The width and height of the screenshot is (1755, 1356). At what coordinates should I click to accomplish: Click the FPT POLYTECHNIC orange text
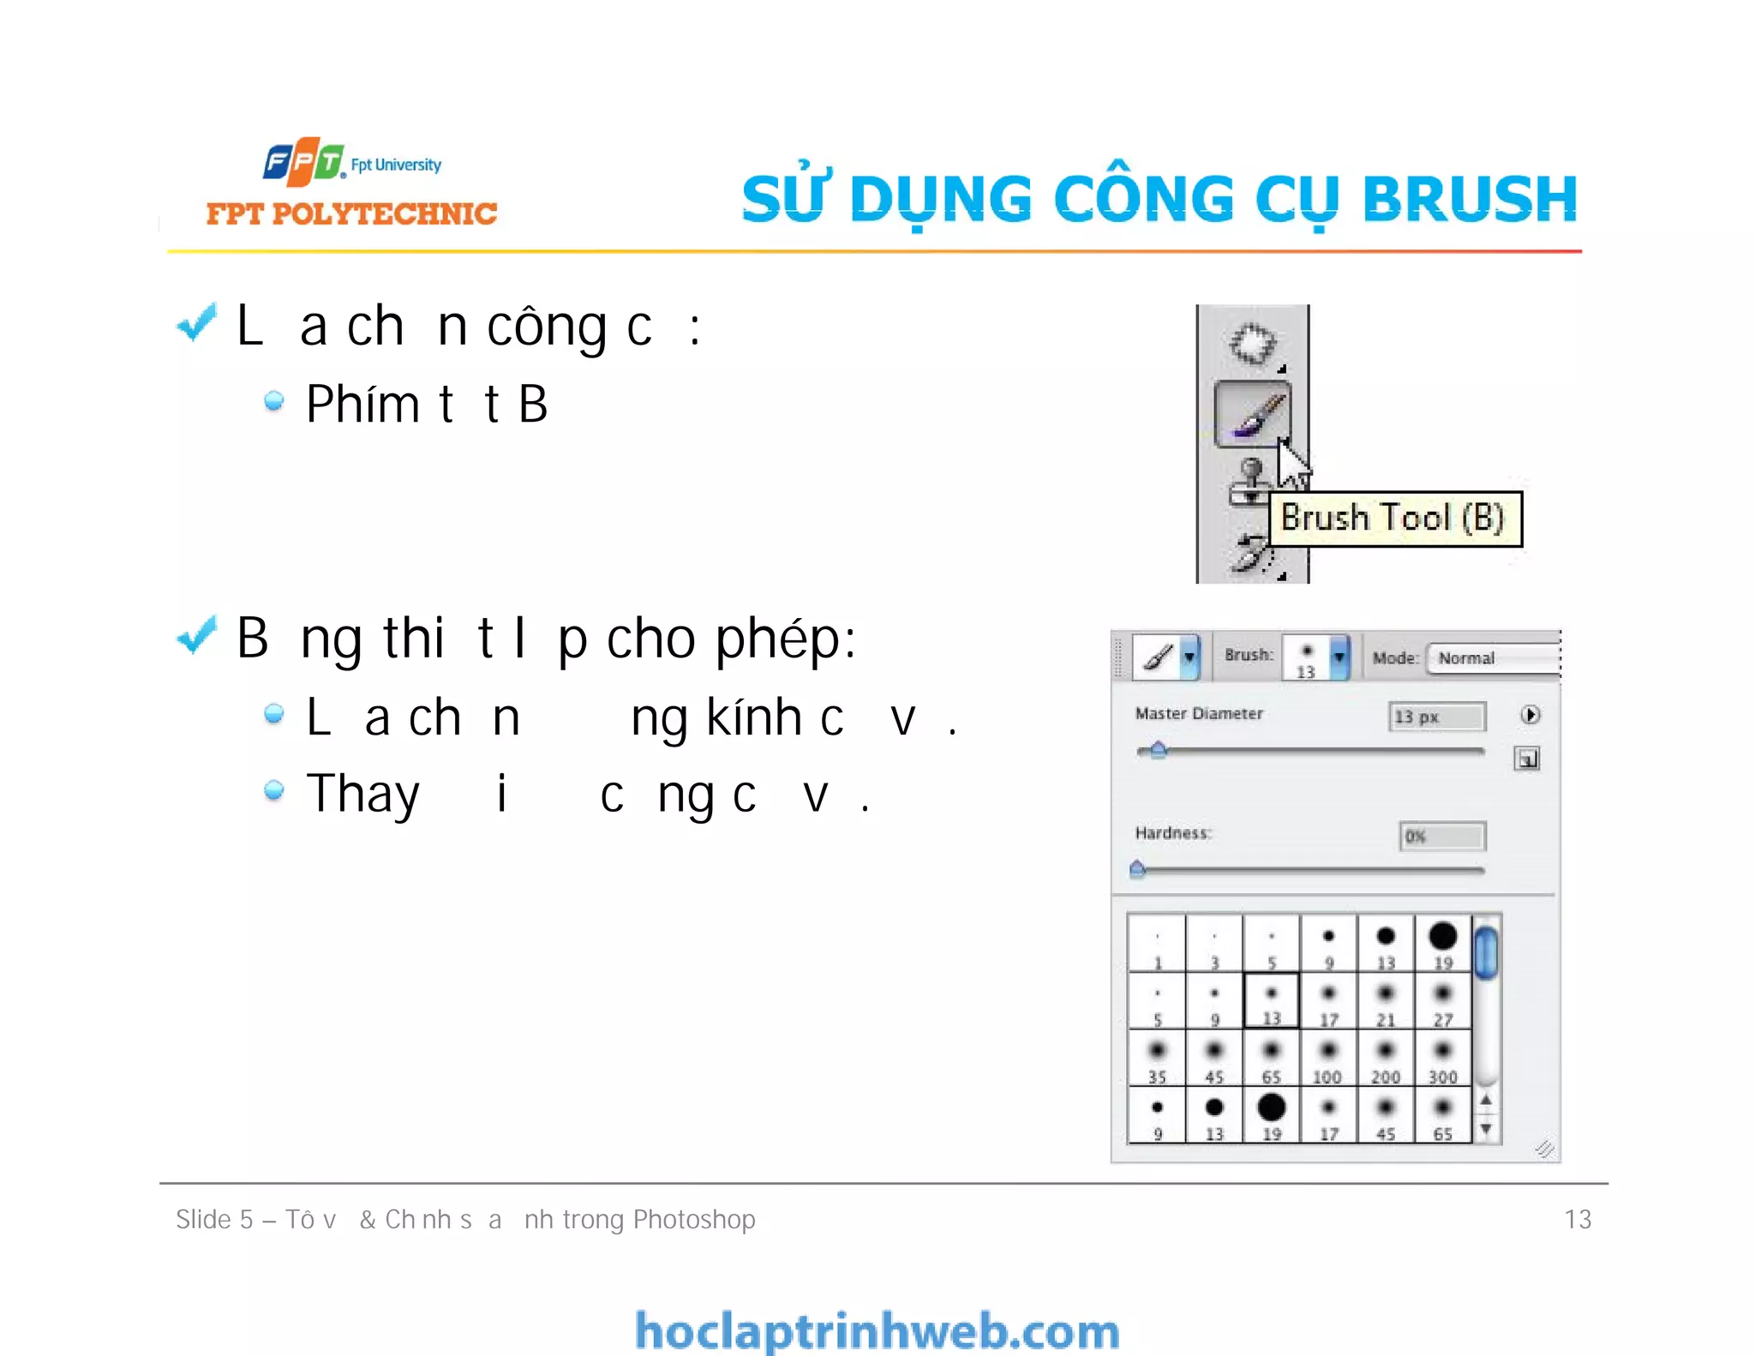(x=351, y=213)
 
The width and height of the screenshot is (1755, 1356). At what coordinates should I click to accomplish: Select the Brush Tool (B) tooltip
(x=1394, y=519)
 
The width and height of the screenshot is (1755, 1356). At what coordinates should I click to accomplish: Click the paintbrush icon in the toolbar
(x=1252, y=414)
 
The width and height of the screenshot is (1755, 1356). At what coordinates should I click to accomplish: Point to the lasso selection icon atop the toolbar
(x=1252, y=344)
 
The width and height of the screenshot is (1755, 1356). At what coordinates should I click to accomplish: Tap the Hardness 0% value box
(x=1442, y=836)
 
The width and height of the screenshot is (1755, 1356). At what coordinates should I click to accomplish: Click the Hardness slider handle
(x=1137, y=869)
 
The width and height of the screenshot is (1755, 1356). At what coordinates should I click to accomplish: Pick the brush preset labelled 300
(x=1443, y=1058)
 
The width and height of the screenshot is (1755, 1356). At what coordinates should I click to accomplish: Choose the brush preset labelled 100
(x=1328, y=1058)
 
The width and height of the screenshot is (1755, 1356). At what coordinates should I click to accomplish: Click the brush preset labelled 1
(x=1157, y=944)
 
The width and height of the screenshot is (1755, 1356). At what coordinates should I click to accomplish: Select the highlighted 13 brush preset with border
(x=1272, y=1000)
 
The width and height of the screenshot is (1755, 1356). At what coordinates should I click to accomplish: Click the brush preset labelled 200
(x=1386, y=1058)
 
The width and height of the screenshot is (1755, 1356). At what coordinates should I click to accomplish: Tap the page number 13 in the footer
(x=1577, y=1219)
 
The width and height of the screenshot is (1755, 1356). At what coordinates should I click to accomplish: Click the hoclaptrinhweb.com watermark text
(x=877, y=1331)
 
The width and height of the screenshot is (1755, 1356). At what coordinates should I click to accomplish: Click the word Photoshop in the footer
(x=694, y=1219)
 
